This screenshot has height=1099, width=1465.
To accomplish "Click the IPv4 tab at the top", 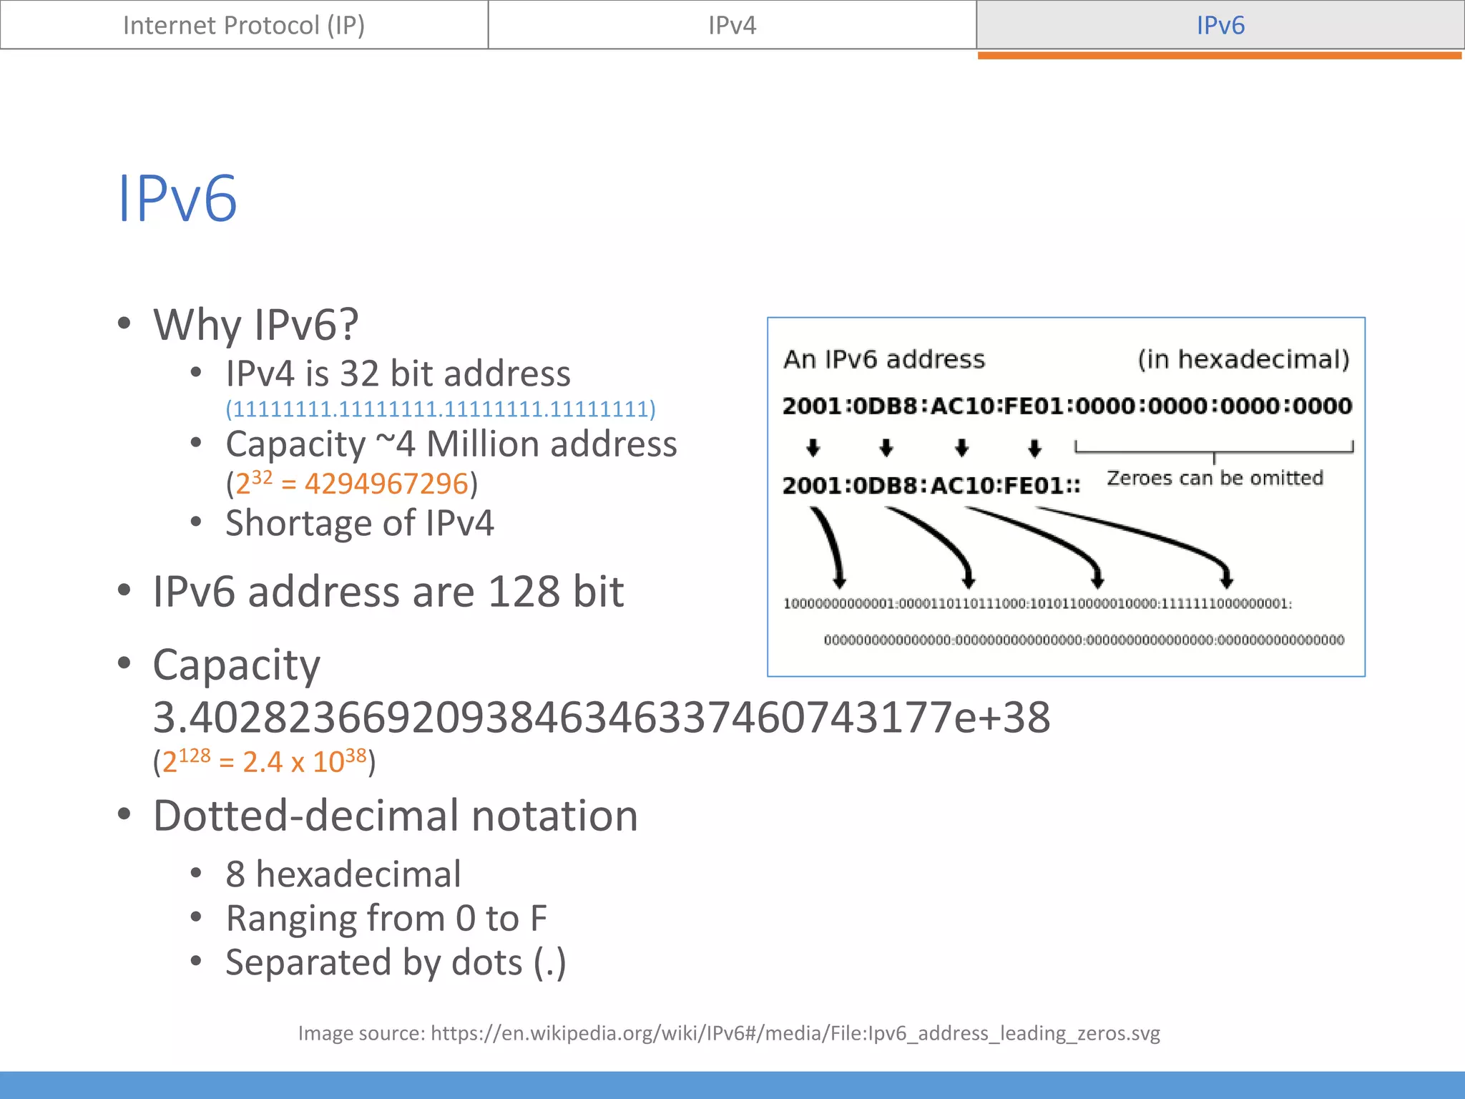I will [x=732, y=25].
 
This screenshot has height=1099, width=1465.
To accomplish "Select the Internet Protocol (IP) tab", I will [x=244, y=25].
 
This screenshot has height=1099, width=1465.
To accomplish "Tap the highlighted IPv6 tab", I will [x=1220, y=25].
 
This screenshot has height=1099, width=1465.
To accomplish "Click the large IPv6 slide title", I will [x=177, y=198].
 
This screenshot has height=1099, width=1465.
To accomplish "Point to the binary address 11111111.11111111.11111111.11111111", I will [x=441, y=409].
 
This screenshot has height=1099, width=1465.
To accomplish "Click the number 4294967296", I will [x=386, y=484].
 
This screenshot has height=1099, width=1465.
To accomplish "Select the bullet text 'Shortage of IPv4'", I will [x=359, y=523].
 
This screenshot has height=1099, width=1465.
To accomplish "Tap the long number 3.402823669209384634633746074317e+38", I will [x=601, y=718].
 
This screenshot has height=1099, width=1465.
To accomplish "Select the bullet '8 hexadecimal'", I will [x=343, y=874].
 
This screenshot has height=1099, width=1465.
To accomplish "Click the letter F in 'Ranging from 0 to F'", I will [x=538, y=919].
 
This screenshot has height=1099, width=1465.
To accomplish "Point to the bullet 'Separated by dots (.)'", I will [x=396, y=962].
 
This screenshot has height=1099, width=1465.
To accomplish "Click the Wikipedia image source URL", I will [x=795, y=1033].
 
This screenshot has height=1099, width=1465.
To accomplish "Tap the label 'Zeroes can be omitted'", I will [x=1215, y=478].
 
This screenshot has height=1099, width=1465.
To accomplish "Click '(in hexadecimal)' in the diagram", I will [x=1243, y=359].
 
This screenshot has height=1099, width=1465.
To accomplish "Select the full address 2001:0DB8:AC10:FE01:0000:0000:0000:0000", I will [x=1067, y=406].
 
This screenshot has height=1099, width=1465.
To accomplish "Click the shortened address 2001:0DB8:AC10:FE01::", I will [x=931, y=486].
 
